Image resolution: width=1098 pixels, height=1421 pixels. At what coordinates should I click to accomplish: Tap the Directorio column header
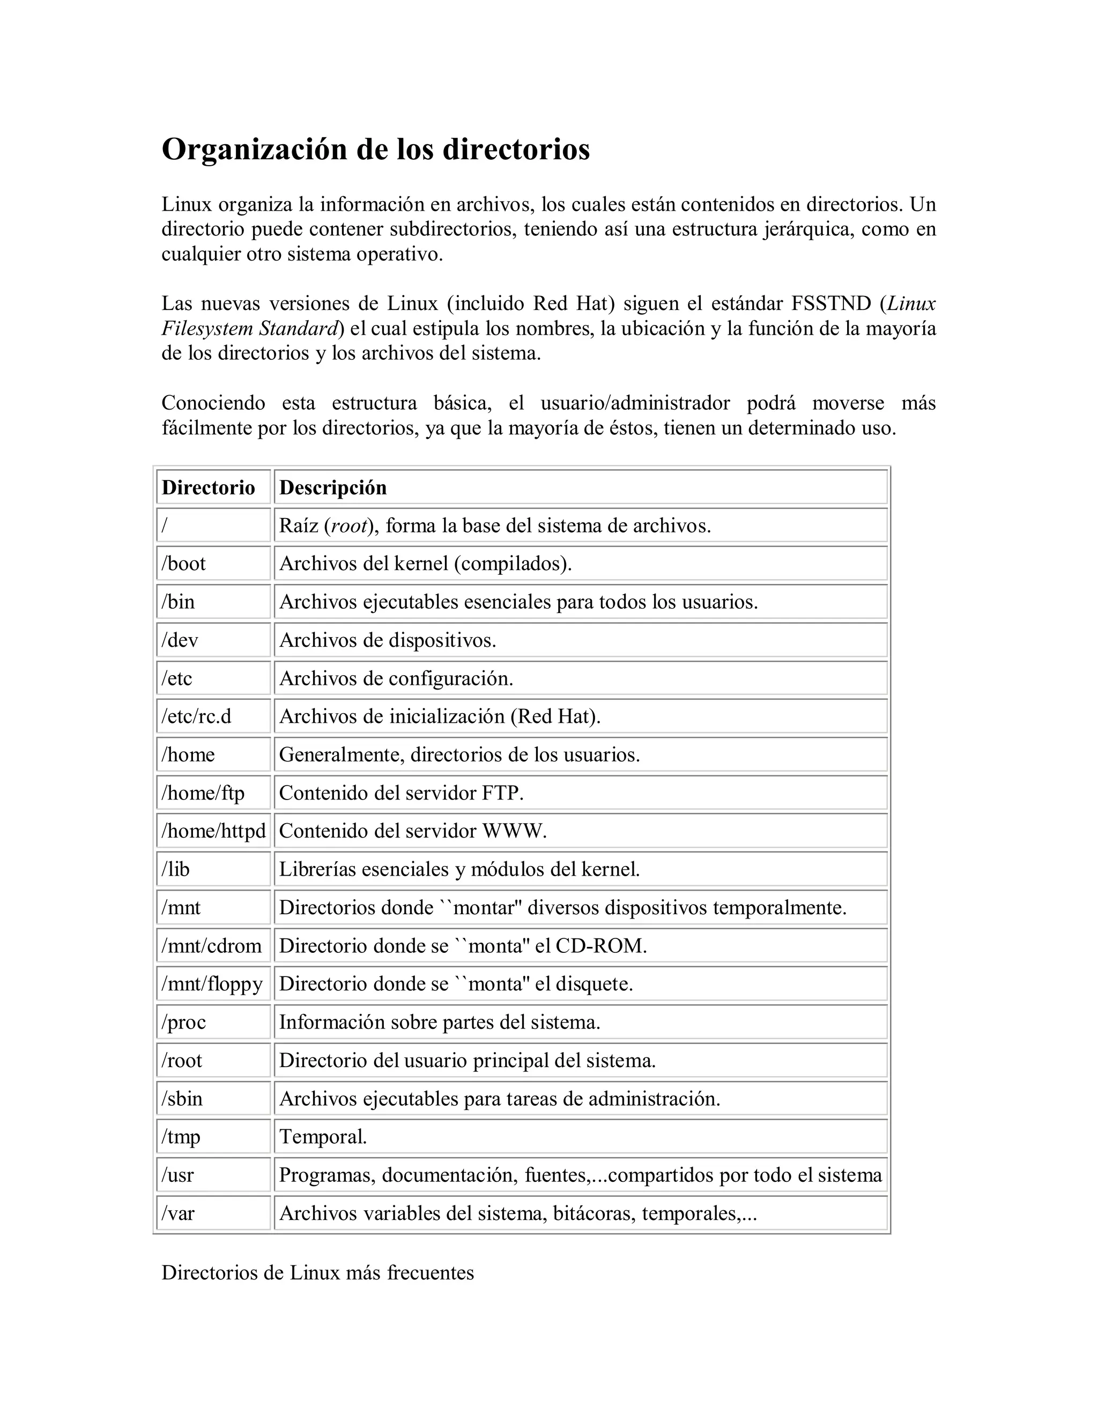pos(208,487)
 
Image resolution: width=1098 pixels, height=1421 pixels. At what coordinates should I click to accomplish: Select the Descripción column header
pos(332,487)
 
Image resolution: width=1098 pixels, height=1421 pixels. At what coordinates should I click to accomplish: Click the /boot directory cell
pos(183,564)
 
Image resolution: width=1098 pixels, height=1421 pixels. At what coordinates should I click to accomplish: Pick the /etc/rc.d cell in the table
pos(196,716)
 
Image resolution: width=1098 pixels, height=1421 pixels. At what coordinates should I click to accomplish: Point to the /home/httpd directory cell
pos(213,831)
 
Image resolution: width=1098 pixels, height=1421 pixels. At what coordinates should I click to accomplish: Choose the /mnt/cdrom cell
pos(211,945)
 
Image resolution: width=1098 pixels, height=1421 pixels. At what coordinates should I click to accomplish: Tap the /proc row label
pos(184,1022)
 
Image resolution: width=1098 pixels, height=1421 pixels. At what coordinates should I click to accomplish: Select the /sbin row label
pos(182,1098)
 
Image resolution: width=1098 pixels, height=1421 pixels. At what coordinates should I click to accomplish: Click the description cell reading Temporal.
pos(323,1137)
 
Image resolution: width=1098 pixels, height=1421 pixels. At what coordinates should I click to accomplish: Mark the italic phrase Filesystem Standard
pos(250,329)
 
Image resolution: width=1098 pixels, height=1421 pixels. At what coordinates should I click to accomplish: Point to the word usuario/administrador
pos(635,403)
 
